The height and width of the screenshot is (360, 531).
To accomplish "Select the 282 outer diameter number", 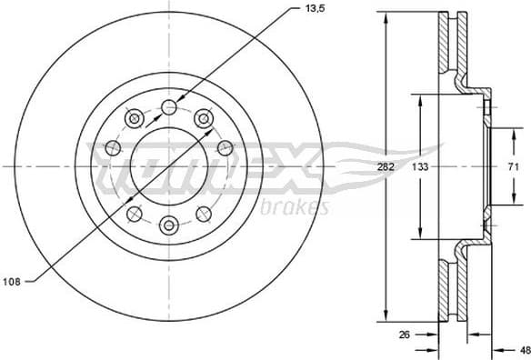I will pyautogui.click(x=386, y=167).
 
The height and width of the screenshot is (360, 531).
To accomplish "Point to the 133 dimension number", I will pyautogui.click(x=419, y=167).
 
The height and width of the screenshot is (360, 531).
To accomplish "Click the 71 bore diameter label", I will pyautogui.click(x=512, y=166).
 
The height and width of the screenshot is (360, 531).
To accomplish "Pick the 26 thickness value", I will pyautogui.click(x=406, y=335).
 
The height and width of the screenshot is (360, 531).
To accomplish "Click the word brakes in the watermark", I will pyautogui.click(x=294, y=208).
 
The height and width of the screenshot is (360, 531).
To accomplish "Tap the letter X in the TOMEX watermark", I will pyautogui.click(x=296, y=167).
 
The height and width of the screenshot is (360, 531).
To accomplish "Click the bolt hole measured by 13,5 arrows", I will pyautogui.click(x=169, y=108).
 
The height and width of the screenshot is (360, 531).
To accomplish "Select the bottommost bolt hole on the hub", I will pyautogui.click(x=169, y=225).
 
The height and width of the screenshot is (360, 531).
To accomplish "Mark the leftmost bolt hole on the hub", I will pyautogui.click(x=114, y=147).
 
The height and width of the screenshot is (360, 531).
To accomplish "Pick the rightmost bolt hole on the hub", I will pyautogui.click(x=225, y=147).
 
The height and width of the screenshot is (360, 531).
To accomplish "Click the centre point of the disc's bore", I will pyautogui.click(x=169, y=166).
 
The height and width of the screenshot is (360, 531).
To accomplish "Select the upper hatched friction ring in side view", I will pyautogui.click(x=445, y=45).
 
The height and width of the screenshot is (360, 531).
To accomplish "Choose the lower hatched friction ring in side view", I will pyautogui.click(x=445, y=289).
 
